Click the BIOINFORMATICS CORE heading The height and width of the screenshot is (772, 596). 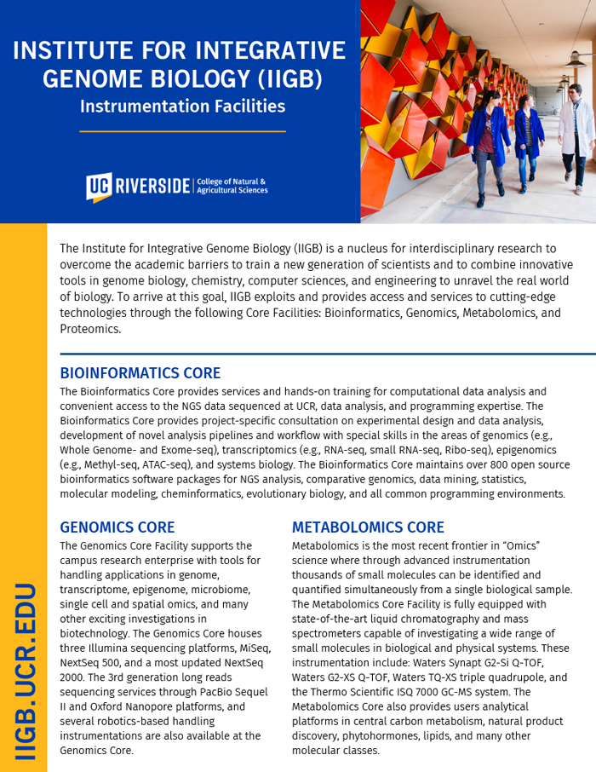click(x=140, y=373)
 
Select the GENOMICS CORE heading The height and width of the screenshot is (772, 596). click(x=117, y=527)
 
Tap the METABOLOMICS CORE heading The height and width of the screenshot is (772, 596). click(x=368, y=527)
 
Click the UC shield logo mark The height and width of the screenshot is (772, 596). click(x=97, y=187)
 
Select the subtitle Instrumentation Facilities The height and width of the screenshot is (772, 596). click(x=182, y=107)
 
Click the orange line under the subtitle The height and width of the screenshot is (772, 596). click(x=182, y=131)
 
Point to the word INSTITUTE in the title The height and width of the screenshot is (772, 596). click(x=72, y=50)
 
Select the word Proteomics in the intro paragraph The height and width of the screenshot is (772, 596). click(x=90, y=329)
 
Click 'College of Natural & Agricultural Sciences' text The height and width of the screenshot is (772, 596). click(x=232, y=186)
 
